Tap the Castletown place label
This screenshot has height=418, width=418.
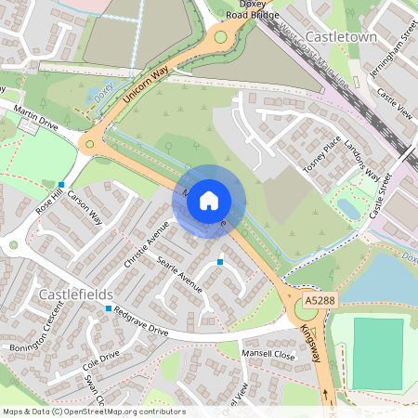click(339, 36)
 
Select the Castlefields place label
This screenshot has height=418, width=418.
click(76, 294)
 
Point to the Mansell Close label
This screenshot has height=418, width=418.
click(268, 355)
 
